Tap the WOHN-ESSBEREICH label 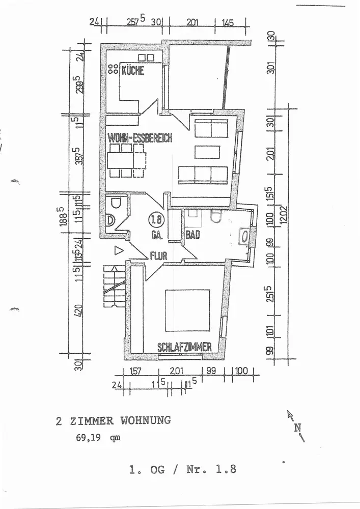point(141,138)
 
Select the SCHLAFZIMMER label point(184,348)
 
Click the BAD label point(192,235)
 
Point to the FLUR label point(158,257)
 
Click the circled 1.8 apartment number point(155,220)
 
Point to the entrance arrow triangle point(118,250)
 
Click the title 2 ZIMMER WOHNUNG point(113,420)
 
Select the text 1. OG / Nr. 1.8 point(183,470)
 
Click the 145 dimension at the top point(228,22)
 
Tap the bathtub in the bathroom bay point(244,236)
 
